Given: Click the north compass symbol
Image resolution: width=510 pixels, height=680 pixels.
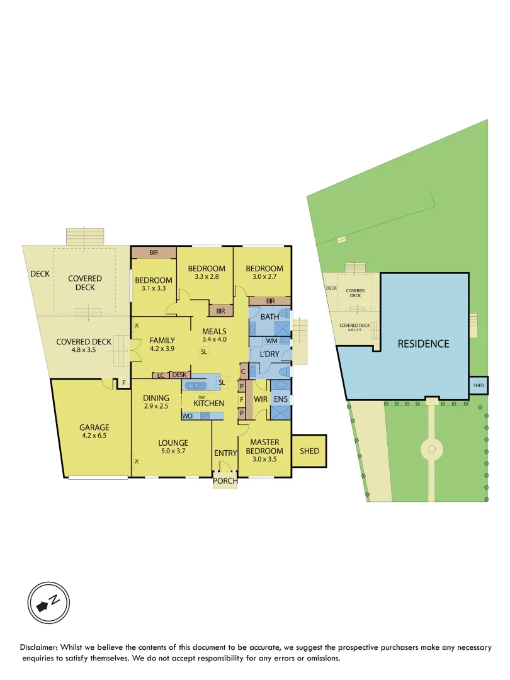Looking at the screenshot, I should tap(48, 603).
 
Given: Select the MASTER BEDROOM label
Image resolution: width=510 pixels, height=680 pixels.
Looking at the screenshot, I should tap(264, 446).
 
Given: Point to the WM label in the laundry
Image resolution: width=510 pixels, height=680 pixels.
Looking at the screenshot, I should tap(271, 341).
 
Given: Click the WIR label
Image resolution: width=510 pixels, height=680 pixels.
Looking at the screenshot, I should tap(261, 399).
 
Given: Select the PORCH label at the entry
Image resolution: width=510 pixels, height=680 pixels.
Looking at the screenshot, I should tap(225, 481).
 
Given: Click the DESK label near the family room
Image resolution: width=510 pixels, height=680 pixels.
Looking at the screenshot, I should tap(179, 375).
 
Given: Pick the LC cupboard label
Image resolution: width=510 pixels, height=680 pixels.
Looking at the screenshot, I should tap(161, 375).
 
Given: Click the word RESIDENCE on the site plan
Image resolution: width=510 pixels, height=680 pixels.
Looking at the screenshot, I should tap(422, 344).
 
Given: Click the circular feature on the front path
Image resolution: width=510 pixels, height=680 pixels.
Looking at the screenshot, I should tap(431, 449).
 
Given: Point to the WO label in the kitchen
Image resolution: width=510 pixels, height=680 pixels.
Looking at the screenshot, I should tap(187, 416).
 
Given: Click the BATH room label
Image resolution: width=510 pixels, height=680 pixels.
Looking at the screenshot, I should tap(269, 317).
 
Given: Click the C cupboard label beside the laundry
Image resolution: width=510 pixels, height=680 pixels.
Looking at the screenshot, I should tap(242, 371).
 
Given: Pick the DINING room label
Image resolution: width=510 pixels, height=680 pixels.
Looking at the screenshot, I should tap(156, 398).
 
